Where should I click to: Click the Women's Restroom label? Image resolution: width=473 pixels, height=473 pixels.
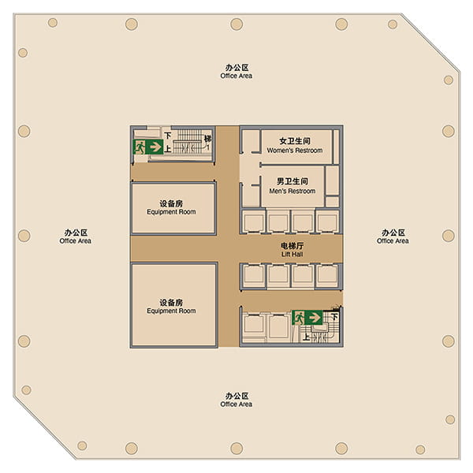[x=294, y=146]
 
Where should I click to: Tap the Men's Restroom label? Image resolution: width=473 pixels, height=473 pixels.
[x=292, y=186]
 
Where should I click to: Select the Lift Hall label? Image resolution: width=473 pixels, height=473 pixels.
[x=292, y=250]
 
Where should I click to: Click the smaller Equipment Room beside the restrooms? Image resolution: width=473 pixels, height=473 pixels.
[x=173, y=208]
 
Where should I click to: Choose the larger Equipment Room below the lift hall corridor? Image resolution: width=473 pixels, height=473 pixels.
[x=174, y=305]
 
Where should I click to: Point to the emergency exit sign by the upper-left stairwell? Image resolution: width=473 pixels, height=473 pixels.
[x=148, y=147]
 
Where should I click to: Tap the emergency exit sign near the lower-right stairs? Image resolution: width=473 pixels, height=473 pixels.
[x=307, y=318]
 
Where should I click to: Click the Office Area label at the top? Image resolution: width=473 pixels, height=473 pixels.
[x=236, y=72]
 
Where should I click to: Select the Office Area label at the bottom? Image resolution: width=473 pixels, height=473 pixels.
[x=236, y=400]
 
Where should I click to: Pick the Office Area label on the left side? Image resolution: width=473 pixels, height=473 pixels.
[x=76, y=236]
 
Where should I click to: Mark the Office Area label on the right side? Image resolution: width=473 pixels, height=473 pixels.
[x=393, y=236]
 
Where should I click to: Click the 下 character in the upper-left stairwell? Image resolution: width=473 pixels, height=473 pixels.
[x=168, y=136]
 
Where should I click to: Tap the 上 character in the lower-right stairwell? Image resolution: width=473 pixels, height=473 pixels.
[x=306, y=337]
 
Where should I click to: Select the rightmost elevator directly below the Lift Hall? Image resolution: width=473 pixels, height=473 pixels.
[x=327, y=275]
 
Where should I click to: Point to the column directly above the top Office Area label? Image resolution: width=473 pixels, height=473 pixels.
[x=236, y=24]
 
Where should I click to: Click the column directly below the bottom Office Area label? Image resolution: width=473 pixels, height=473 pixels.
[x=236, y=449]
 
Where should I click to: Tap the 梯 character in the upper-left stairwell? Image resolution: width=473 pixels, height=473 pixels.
[x=208, y=139]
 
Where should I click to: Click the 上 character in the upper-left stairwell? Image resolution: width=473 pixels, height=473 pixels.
[x=168, y=149]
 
